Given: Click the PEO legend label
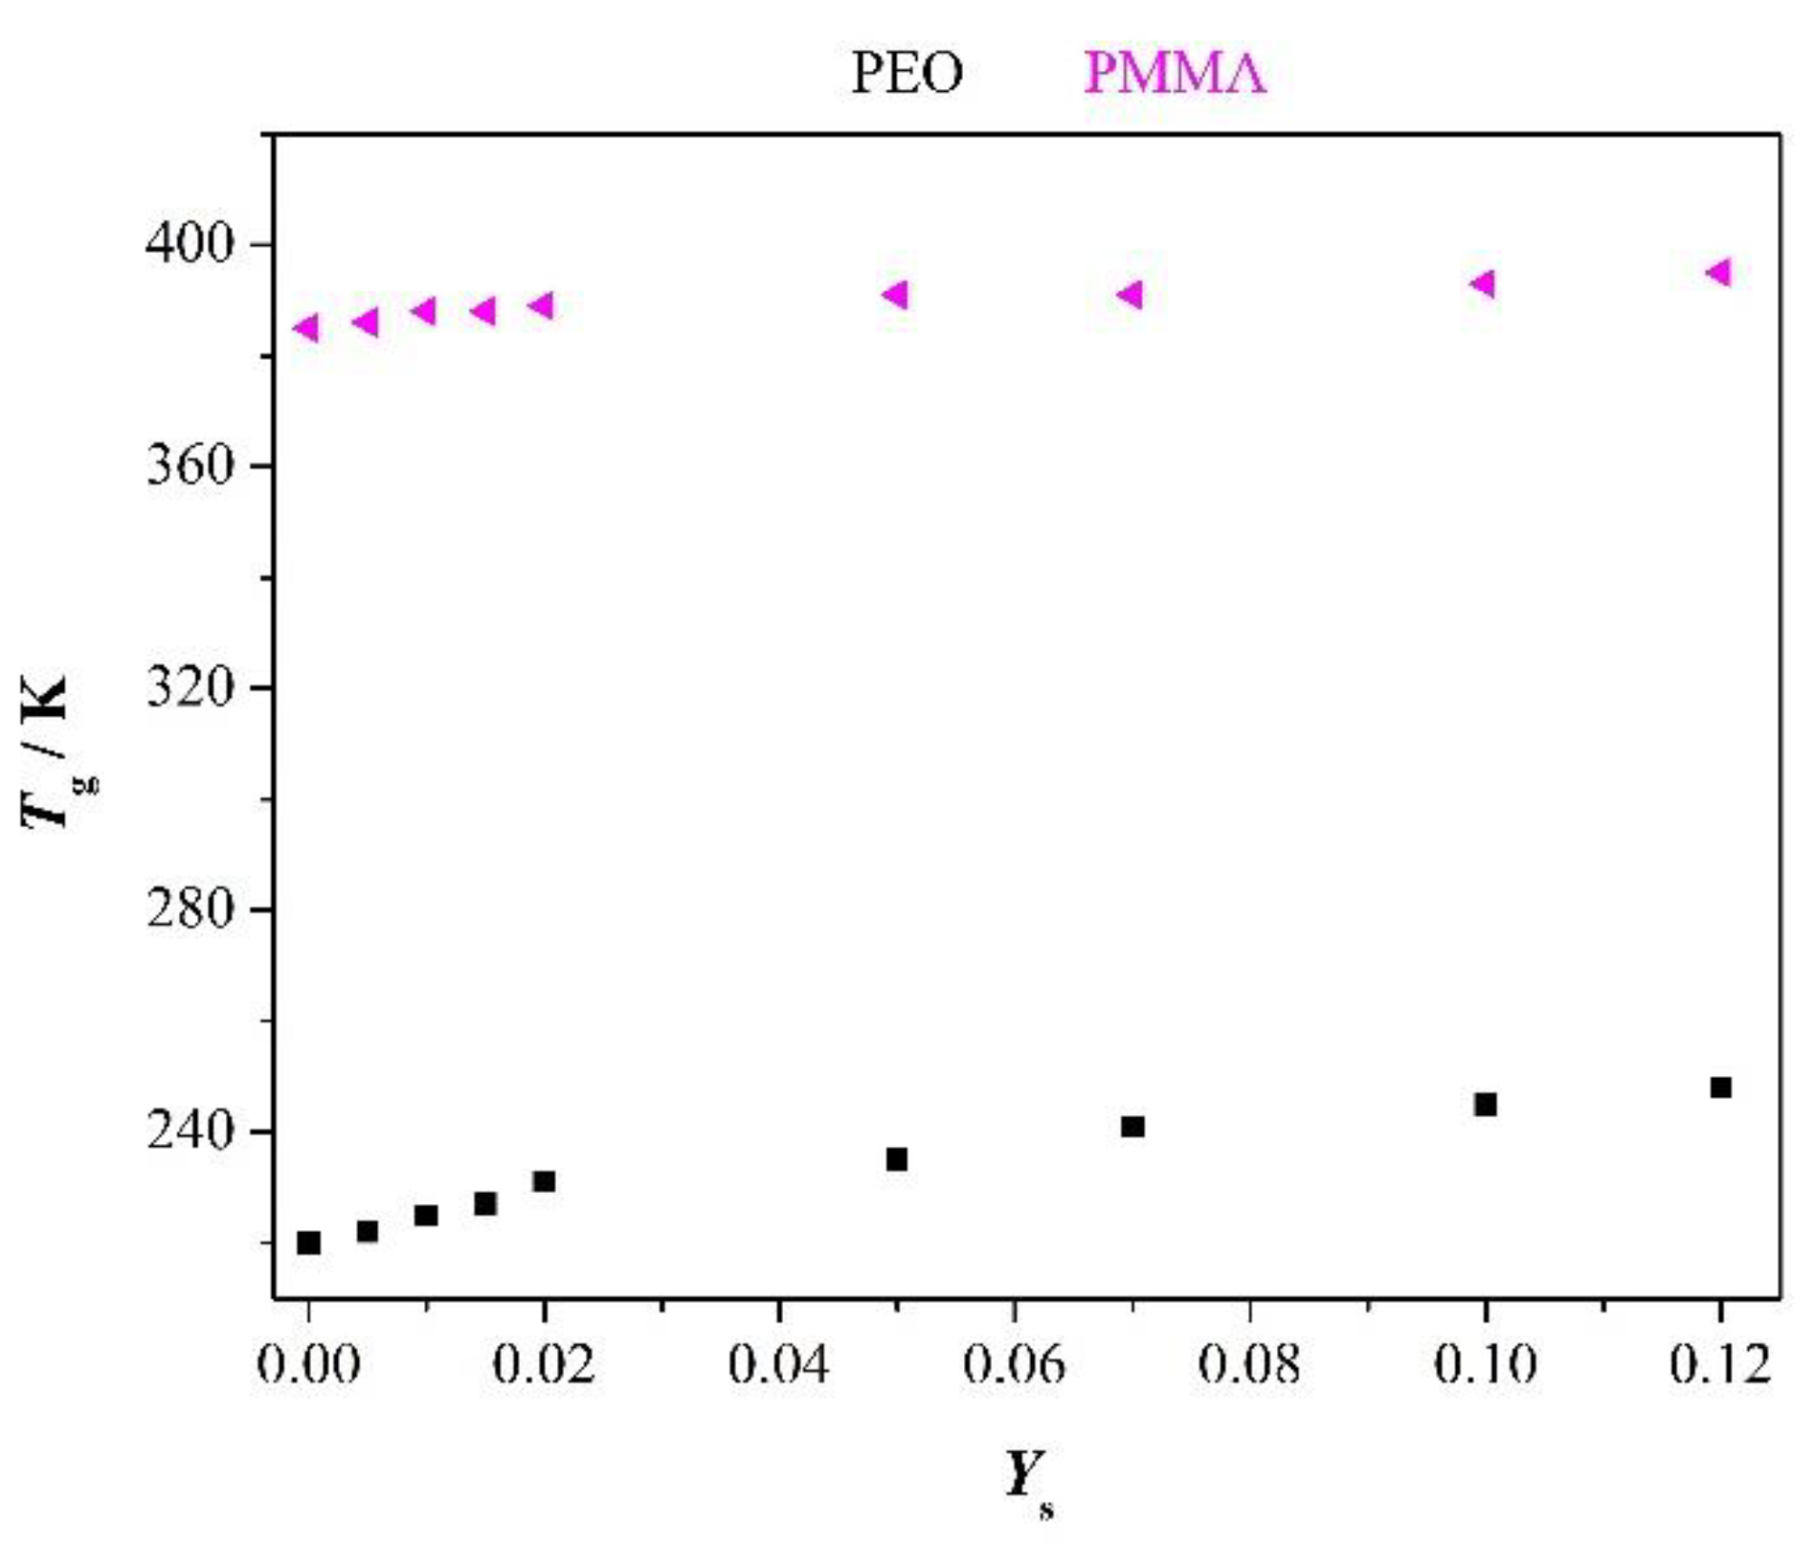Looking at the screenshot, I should click(x=907, y=73).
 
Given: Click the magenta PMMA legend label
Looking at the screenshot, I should click(x=1175, y=73).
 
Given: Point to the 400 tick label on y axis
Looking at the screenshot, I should click(x=190, y=244).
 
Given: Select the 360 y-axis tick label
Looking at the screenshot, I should click(x=190, y=466).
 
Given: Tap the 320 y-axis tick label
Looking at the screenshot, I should click(x=190, y=687).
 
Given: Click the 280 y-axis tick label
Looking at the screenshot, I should click(x=190, y=908).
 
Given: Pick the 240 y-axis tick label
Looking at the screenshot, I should click(x=190, y=1131).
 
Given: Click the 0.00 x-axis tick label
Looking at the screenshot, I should click(x=308, y=1363).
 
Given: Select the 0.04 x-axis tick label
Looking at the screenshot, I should click(x=779, y=1363).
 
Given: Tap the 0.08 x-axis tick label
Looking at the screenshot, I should click(x=1249, y=1363).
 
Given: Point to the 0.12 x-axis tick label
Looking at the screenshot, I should click(x=1720, y=1363).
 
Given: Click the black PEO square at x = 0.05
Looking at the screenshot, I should click(x=897, y=1159).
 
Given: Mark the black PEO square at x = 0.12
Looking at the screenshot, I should click(x=1721, y=1087).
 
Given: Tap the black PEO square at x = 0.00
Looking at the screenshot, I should click(x=308, y=1243).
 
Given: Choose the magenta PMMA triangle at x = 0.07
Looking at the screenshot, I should click(x=1131, y=295).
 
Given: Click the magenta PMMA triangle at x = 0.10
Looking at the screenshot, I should click(x=1483, y=283).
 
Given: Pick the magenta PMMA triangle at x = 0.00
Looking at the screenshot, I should click(x=306, y=328).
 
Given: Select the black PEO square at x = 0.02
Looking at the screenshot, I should click(x=545, y=1181).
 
